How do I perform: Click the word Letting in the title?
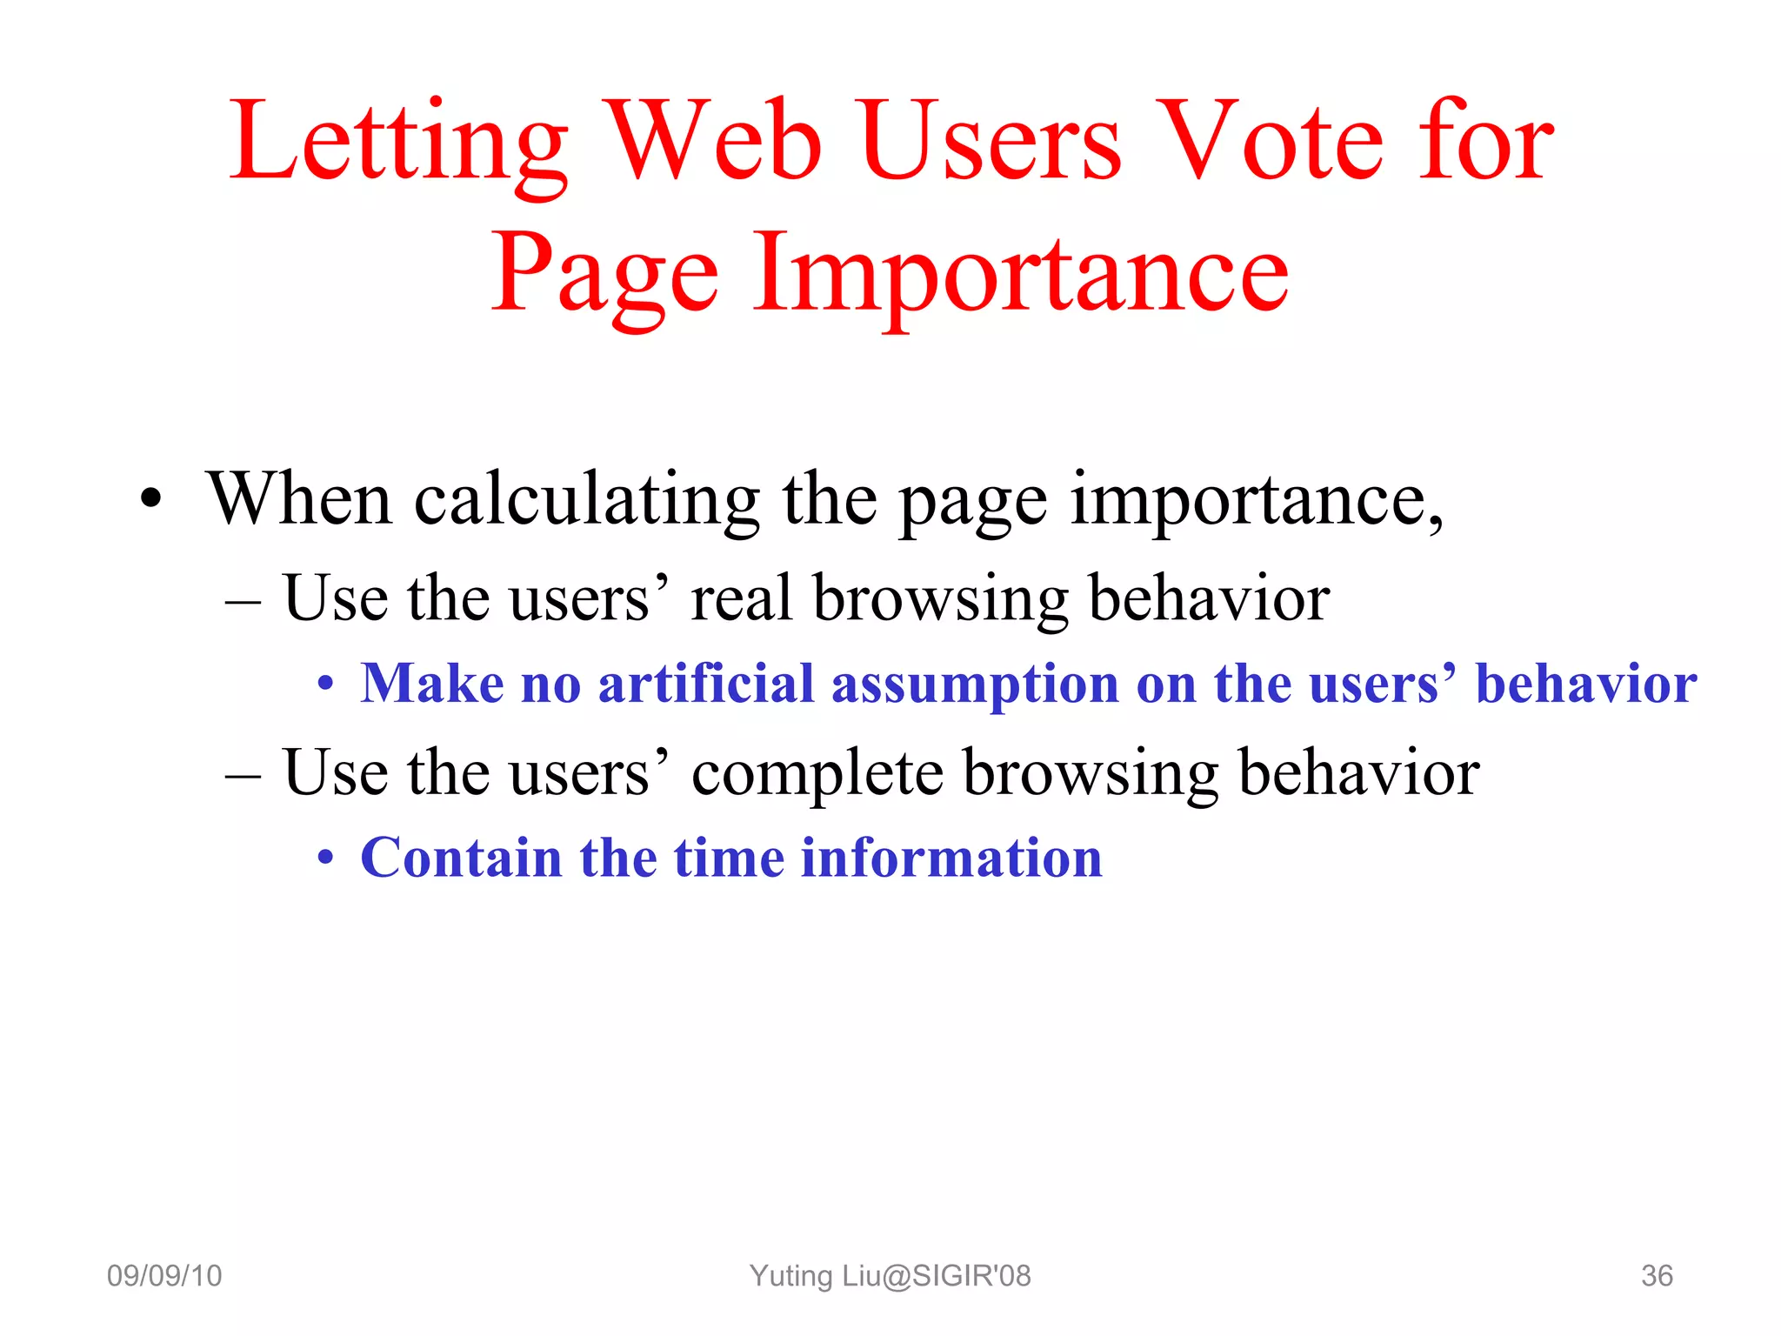tap(398, 144)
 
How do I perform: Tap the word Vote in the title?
tap(1272, 144)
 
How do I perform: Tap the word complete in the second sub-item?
tap(817, 774)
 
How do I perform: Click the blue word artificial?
tap(705, 684)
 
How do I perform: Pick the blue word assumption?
tap(974, 684)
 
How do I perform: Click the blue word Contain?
tap(461, 858)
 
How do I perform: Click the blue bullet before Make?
tap(324, 685)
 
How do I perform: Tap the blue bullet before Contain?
tap(324, 859)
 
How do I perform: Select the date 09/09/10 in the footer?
tap(164, 1276)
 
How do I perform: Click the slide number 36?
tap(1656, 1276)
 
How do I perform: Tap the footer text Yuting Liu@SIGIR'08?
tap(890, 1276)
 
